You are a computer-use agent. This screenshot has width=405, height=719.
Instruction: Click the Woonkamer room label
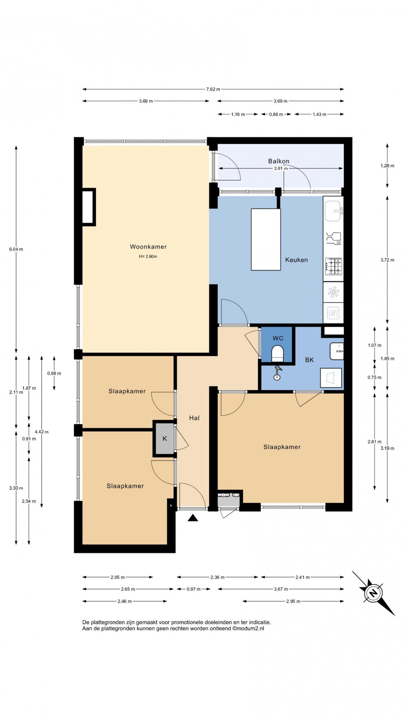pyautogui.click(x=148, y=247)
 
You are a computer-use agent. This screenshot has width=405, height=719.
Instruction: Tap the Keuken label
pyautogui.click(x=296, y=260)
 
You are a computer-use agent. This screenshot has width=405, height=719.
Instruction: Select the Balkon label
pyautogui.click(x=279, y=161)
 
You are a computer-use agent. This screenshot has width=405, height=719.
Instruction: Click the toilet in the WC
pyautogui.click(x=278, y=353)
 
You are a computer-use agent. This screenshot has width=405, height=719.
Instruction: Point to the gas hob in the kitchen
pyautogui.click(x=333, y=266)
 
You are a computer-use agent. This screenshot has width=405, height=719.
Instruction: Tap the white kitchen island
pyautogui.click(x=266, y=239)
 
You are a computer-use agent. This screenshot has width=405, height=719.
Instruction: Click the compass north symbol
pyautogui.click(x=373, y=593)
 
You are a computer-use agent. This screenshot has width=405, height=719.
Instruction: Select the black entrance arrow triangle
pyautogui.click(x=193, y=518)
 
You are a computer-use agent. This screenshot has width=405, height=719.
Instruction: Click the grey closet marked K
pyautogui.click(x=165, y=438)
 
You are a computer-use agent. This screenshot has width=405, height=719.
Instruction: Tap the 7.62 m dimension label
pyautogui.click(x=213, y=89)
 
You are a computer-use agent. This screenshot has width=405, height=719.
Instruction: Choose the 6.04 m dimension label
pyautogui.click(x=16, y=249)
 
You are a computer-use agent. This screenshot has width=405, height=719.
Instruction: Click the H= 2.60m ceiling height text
pyautogui.click(x=148, y=256)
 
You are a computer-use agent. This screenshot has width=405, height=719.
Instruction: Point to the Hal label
pyautogui.click(x=194, y=418)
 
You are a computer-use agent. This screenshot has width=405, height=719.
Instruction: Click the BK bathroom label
pyautogui.click(x=309, y=360)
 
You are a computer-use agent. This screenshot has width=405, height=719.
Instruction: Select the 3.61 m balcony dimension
pyautogui.click(x=281, y=168)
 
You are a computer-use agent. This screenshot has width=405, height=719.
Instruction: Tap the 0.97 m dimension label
pyautogui.click(x=194, y=589)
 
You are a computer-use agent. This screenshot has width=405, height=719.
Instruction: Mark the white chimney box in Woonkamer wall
pyautogui.click(x=88, y=207)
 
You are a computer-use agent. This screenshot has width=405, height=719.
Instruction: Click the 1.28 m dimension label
pyautogui.click(x=387, y=166)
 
